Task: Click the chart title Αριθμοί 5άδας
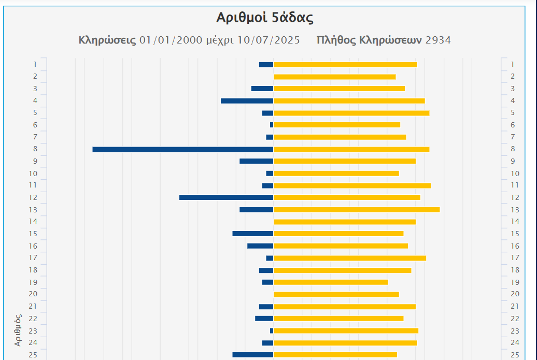265,18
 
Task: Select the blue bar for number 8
182,149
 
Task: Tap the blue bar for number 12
226,197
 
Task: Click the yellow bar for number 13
357,210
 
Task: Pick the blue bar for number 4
247,100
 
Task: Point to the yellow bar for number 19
331,282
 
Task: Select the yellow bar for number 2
334,77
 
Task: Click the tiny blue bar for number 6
272,125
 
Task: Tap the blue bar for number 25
252,355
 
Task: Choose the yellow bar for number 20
336,294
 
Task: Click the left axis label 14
33,222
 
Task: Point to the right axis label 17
515,258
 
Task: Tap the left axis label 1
35,64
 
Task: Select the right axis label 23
515,330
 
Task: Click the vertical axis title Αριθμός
18,330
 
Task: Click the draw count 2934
438,40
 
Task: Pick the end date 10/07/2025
268,40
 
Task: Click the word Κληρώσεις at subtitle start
107,40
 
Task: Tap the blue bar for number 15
252,234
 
